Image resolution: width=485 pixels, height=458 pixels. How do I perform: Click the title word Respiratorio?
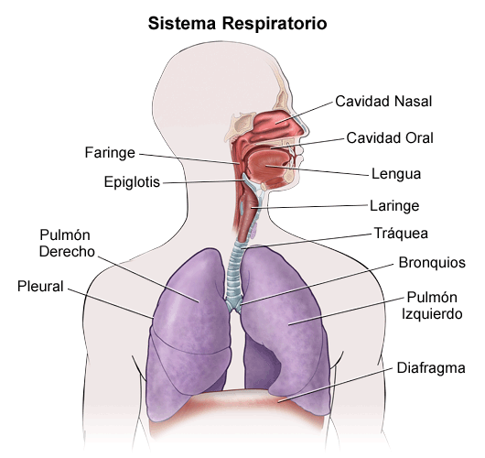[x=275, y=24]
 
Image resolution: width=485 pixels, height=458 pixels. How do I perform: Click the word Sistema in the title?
[x=182, y=24]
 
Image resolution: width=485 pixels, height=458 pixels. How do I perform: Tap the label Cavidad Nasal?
[x=383, y=102]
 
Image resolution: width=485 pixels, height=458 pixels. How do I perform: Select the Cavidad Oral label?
[x=390, y=137]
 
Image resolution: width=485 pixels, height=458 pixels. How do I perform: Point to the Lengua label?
[x=396, y=174]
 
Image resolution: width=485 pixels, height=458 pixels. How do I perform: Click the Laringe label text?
[x=394, y=205]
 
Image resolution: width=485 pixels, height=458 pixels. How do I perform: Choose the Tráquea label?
[x=401, y=233]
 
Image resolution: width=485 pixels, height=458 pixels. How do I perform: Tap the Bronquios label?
[x=432, y=263]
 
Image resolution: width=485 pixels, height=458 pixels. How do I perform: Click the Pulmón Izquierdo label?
[x=432, y=306]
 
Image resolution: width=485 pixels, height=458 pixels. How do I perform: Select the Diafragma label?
[x=431, y=368]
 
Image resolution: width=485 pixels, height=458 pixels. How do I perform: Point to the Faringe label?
[x=110, y=153]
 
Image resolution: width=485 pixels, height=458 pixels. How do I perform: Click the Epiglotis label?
[x=132, y=181]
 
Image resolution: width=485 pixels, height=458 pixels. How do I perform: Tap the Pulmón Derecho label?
[x=67, y=244]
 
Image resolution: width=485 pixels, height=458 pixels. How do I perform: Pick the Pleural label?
[x=40, y=286]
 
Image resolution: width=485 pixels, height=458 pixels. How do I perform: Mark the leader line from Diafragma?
[x=336, y=386]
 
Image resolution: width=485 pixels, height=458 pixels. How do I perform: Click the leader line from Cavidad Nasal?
[x=304, y=113]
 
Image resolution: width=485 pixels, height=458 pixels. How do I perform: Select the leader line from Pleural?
[x=111, y=303]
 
